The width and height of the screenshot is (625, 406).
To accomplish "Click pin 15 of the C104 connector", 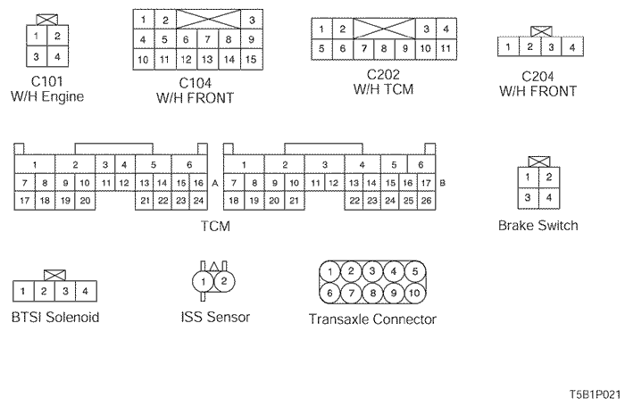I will [x=252, y=60].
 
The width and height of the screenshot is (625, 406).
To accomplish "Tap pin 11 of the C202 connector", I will [x=445, y=48].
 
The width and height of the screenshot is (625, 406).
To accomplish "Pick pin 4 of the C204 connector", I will [x=571, y=46].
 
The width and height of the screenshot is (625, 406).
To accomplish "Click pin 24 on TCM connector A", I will [x=198, y=201].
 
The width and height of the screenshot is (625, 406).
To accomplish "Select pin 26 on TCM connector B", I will [x=425, y=201].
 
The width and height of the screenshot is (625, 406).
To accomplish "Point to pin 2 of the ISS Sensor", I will [x=224, y=281].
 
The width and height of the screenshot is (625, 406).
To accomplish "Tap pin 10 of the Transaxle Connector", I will [x=414, y=293].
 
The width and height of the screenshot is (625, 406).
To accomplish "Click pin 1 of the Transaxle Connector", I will [x=331, y=271].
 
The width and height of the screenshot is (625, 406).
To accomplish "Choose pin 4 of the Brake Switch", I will [x=549, y=197].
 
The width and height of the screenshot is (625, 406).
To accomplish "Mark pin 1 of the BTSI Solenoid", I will [x=22, y=291].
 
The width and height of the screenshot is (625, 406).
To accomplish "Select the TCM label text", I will [x=216, y=227].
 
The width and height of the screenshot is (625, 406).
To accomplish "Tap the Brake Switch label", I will [x=537, y=226].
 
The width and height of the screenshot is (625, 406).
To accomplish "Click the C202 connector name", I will [x=382, y=74].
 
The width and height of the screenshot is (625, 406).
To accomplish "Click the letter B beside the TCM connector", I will [x=444, y=182].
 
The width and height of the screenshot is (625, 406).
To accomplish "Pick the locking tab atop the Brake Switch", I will [x=537, y=162].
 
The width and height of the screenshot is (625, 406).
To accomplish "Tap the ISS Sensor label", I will [x=215, y=317].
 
